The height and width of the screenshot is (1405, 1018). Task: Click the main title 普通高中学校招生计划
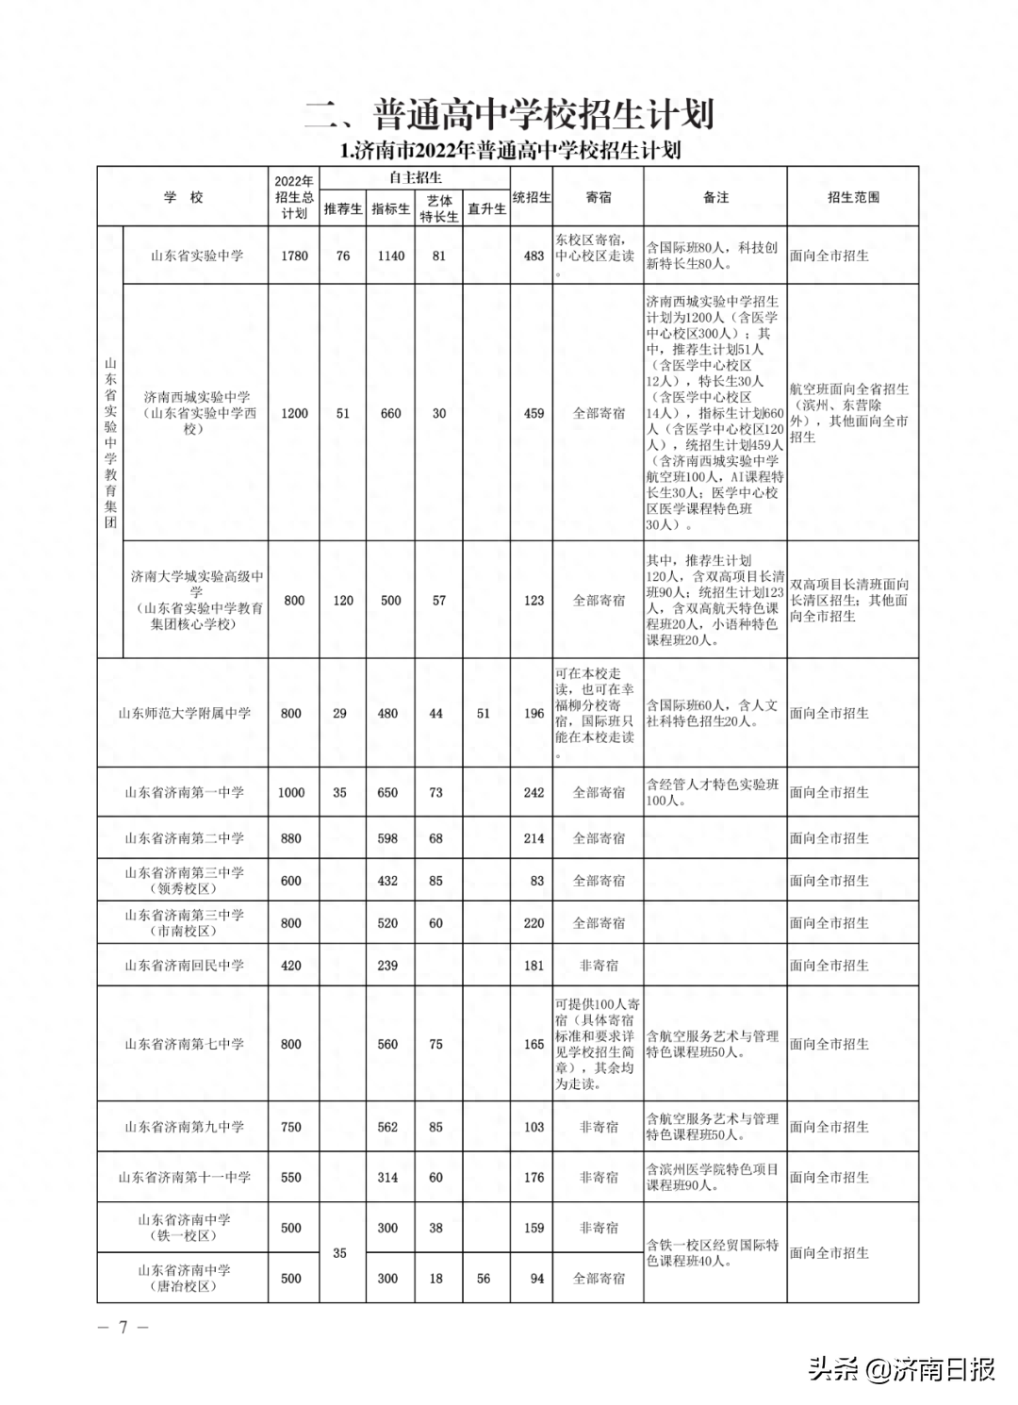tap(509, 114)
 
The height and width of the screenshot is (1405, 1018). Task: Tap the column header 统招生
tap(532, 197)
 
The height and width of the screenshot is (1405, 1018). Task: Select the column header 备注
tap(715, 197)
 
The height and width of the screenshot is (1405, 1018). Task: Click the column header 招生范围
tap(853, 197)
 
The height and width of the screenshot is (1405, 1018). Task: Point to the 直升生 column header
tap(486, 209)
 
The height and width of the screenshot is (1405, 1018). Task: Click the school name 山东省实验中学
tap(196, 256)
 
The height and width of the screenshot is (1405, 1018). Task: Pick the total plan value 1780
tap(294, 256)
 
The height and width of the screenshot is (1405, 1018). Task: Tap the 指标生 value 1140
tap(390, 256)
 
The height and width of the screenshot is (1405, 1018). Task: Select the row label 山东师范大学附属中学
tap(184, 714)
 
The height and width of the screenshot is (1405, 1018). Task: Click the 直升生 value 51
tap(483, 714)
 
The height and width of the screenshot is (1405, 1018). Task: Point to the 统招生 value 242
tap(534, 793)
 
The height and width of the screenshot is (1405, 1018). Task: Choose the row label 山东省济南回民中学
tap(184, 966)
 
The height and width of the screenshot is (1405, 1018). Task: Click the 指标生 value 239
tap(387, 966)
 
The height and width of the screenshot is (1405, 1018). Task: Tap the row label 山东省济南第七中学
tap(184, 1045)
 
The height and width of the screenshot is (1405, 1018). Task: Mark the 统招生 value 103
tap(534, 1127)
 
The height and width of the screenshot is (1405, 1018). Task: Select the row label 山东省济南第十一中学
tap(184, 1178)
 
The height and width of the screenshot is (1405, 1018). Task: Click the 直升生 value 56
tap(483, 1279)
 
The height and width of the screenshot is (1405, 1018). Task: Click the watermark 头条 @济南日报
tap(901, 1369)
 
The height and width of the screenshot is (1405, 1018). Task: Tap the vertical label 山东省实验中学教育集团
tap(110, 441)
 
